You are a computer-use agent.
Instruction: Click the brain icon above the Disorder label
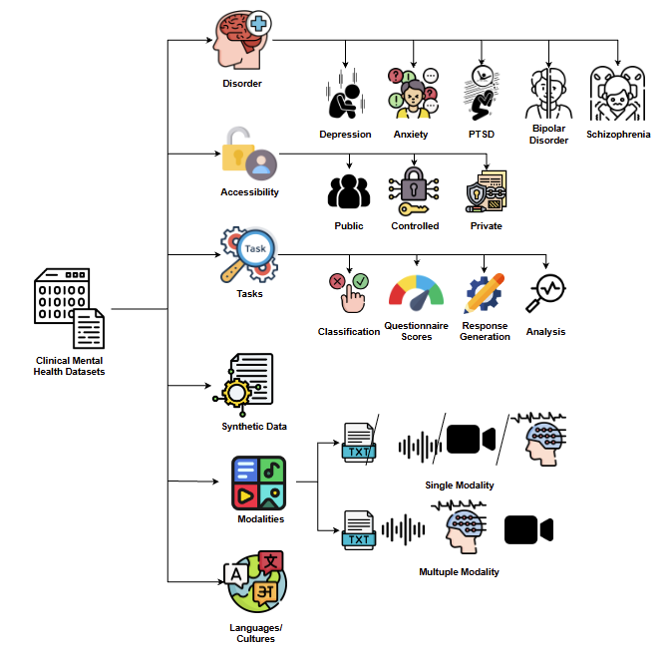click(242, 40)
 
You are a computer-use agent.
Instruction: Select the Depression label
click(345, 135)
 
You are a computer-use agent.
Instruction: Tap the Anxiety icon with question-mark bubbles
click(413, 94)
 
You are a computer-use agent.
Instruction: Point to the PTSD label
click(482, 135)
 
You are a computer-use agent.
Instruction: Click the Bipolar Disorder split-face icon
click(548, 93)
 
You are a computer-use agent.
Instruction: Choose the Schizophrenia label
click(618, 135)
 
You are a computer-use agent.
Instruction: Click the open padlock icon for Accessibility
click(249, 154)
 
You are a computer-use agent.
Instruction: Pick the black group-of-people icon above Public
click(349, 191)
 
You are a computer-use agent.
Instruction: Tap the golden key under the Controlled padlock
click(413, 209)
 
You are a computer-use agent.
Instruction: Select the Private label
click(487, 225)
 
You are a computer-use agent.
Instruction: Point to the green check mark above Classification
click(361, 281)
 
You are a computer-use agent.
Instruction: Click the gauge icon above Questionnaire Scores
click(416, 292)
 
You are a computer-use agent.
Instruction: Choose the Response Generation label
click(485, 331)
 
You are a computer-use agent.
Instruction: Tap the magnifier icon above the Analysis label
click(545, 293)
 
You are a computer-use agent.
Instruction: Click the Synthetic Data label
click(254, 426)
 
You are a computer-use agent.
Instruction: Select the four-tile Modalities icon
click(258, 483)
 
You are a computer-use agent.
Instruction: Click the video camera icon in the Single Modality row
click(471, 439)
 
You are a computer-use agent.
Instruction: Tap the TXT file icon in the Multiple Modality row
click(359, 530)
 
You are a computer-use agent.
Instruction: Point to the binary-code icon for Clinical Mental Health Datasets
click(69, 308)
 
